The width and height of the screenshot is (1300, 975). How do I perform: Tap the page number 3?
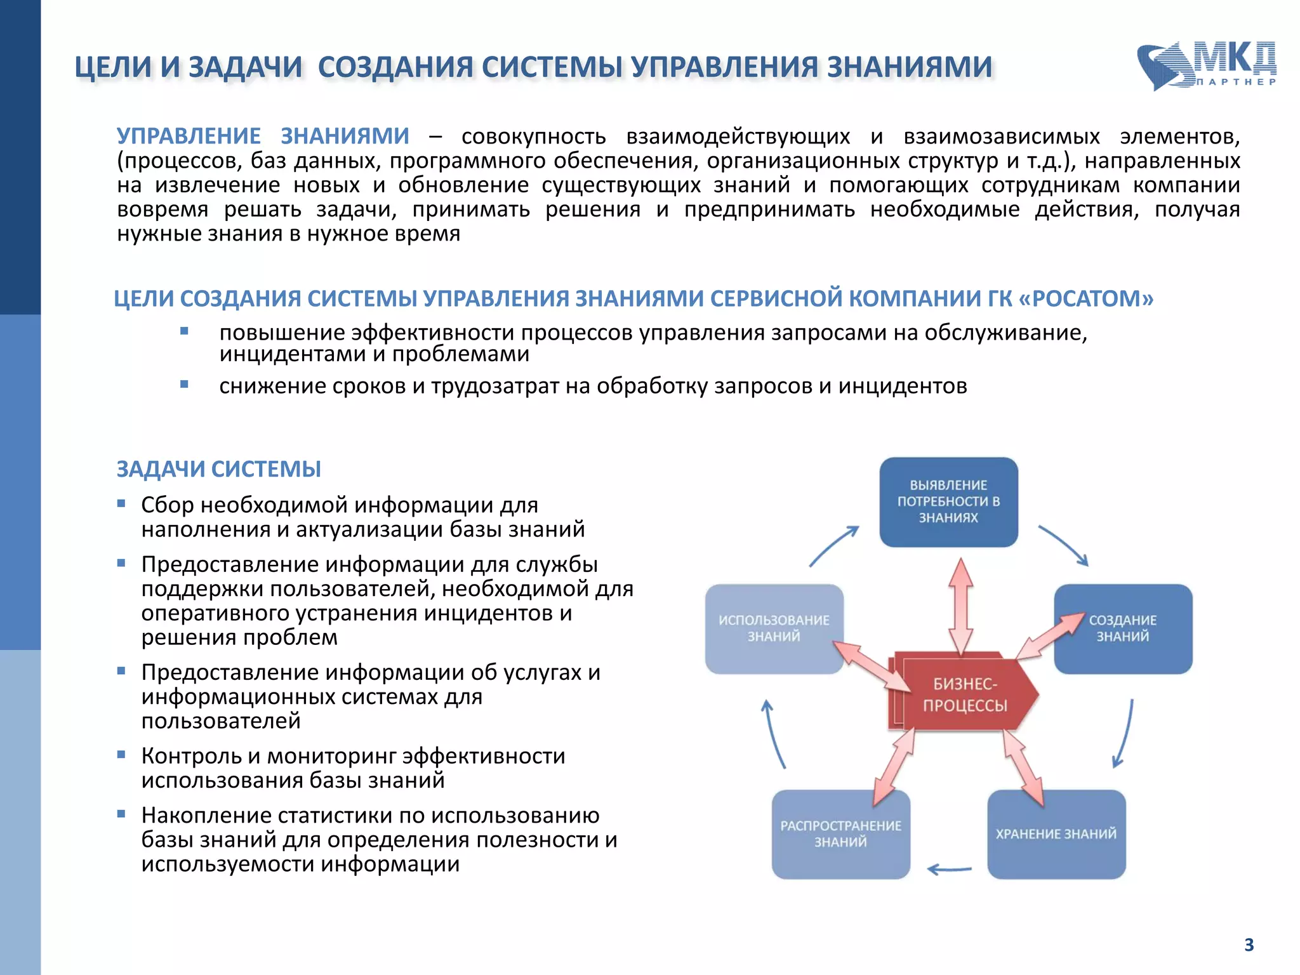1249,945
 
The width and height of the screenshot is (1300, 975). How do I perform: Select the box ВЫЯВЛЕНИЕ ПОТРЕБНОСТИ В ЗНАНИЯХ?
948,501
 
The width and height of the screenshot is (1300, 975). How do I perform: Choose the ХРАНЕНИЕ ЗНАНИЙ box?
1056,834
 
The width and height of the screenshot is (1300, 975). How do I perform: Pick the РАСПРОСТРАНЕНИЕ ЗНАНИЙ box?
840,834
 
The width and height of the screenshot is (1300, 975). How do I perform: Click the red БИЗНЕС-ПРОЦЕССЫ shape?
965,694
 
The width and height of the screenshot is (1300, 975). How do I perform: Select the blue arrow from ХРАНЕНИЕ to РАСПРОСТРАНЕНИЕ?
950,869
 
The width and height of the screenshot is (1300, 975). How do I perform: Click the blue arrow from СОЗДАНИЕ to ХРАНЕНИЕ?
1125,734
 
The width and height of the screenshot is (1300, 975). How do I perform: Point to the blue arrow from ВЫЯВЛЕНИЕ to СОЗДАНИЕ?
1064,545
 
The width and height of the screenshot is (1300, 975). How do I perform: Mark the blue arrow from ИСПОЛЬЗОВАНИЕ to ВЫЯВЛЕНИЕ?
834,546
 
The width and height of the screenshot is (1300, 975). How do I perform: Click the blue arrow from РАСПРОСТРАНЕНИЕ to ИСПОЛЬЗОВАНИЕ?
774,734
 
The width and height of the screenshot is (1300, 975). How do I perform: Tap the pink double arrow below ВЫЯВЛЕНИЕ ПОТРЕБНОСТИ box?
961,606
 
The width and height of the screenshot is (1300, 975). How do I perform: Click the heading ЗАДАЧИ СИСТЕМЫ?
218,469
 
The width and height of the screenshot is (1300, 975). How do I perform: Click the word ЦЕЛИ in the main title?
113,67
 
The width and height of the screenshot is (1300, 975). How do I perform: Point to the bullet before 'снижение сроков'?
184,384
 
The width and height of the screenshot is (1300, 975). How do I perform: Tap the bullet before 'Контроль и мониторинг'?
121,755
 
